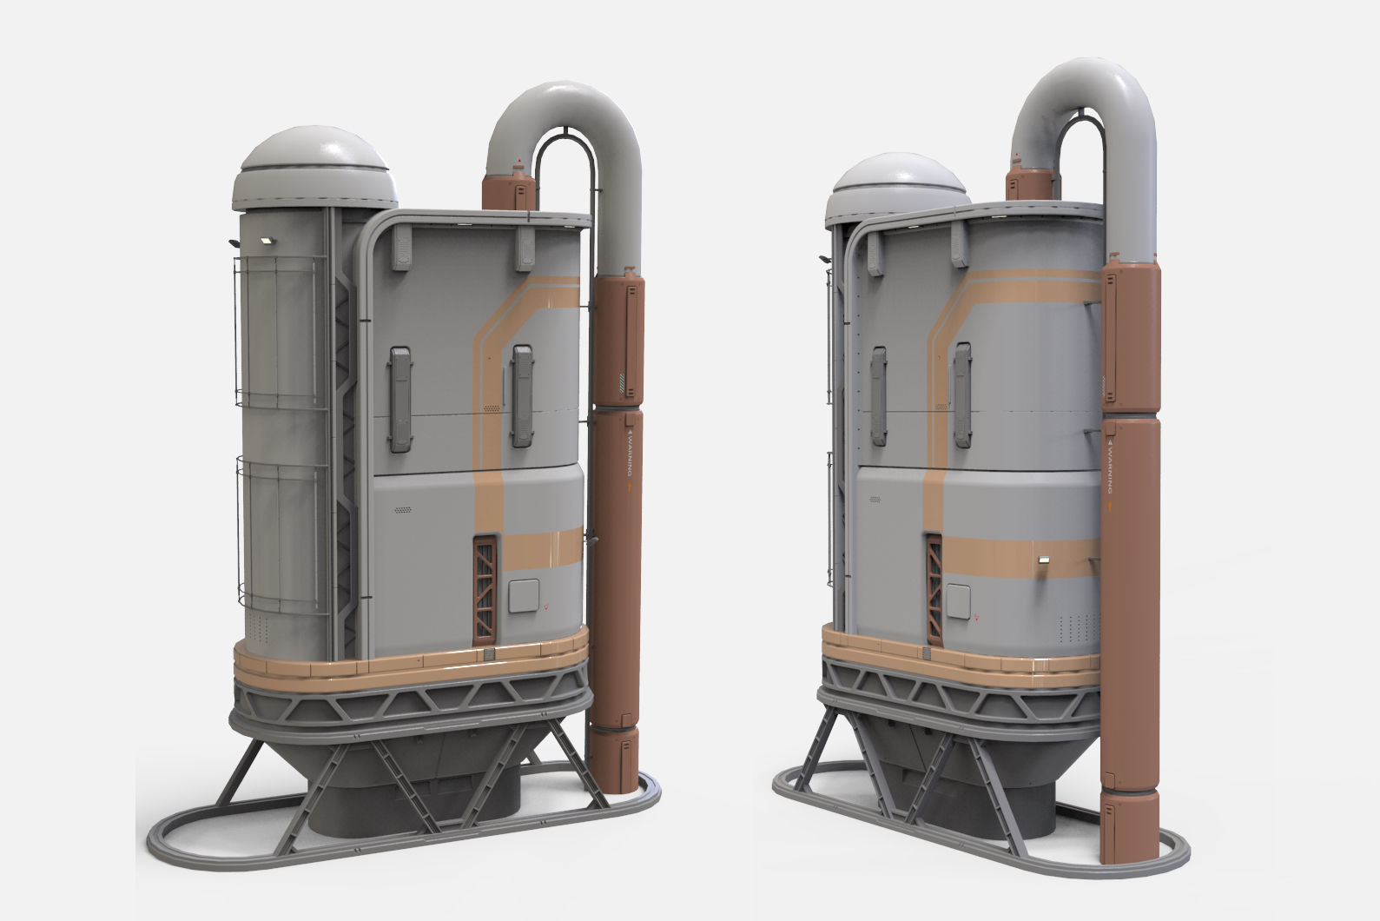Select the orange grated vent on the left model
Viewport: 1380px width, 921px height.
[484, 590]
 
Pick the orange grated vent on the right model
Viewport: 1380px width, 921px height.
[934, 590]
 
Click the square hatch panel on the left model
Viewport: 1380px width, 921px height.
[523, 599]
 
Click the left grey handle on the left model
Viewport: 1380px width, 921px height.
[400, 399]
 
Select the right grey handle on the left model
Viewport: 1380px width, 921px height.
[522, 395]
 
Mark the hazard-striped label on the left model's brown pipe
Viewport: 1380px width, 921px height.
[621, 380]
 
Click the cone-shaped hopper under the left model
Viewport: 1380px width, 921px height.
[417, 765]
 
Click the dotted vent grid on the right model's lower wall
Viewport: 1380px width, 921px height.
[1073, 626]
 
